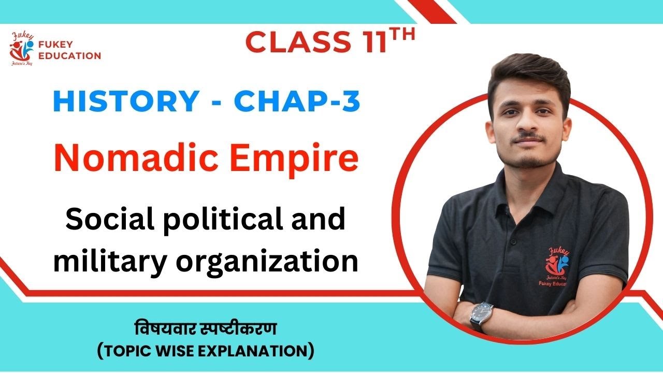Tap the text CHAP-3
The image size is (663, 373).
(296, 102)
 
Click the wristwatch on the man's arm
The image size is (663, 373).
(481, 313)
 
